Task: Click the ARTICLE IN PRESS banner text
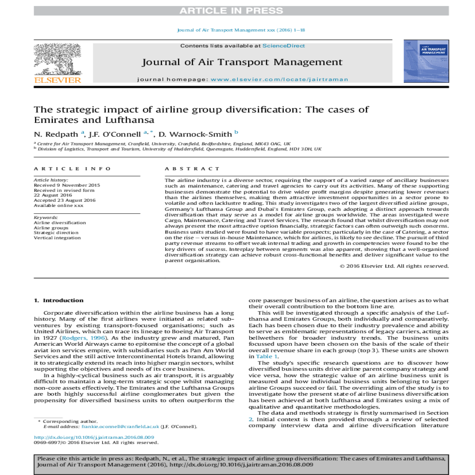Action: (231, 11)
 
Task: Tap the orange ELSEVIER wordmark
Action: (58, 80)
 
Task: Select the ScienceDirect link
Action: (283, 46)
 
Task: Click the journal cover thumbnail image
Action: (426, 61)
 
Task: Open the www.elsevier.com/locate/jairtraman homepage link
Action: (279, 80)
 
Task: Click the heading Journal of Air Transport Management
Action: (242, 62)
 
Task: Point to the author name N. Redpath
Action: (57, 135)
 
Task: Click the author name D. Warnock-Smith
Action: (195, 135)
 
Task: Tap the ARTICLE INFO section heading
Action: (72, 169)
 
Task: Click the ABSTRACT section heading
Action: (192, 169)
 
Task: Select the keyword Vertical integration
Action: (57, 238)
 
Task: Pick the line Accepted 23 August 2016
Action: (65, 200)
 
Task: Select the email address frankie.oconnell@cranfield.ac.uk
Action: (120, 427)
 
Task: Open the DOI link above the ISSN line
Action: (94, 437)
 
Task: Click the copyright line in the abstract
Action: (394, 266)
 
